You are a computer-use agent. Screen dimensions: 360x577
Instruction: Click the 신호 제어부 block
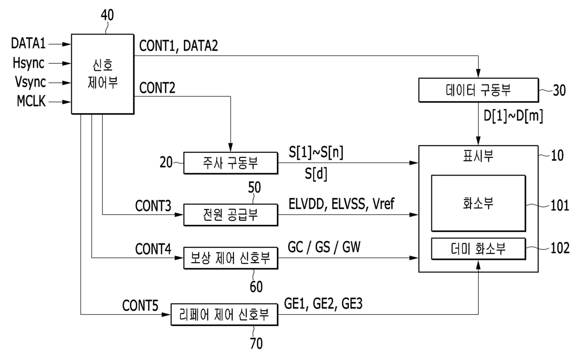[x=102, y=74]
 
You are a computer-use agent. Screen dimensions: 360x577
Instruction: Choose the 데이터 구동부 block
[x=478, y=90]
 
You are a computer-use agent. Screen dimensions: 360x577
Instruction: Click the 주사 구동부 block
[x=230, y=163]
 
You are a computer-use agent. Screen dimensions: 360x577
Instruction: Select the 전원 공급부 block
[x=230, y=215]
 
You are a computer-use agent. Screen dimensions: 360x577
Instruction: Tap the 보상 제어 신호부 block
[x=230, y=258]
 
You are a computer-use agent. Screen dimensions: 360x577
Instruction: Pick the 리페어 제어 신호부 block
[x=224, y=314]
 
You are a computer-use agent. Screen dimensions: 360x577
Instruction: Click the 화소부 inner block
[x=478, y=203]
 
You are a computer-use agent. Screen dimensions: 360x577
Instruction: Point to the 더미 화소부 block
[x=478, y=249]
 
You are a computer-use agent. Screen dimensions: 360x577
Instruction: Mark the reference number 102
[x=559, y=249]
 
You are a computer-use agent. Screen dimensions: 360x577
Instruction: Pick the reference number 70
[x=256, y=345]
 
